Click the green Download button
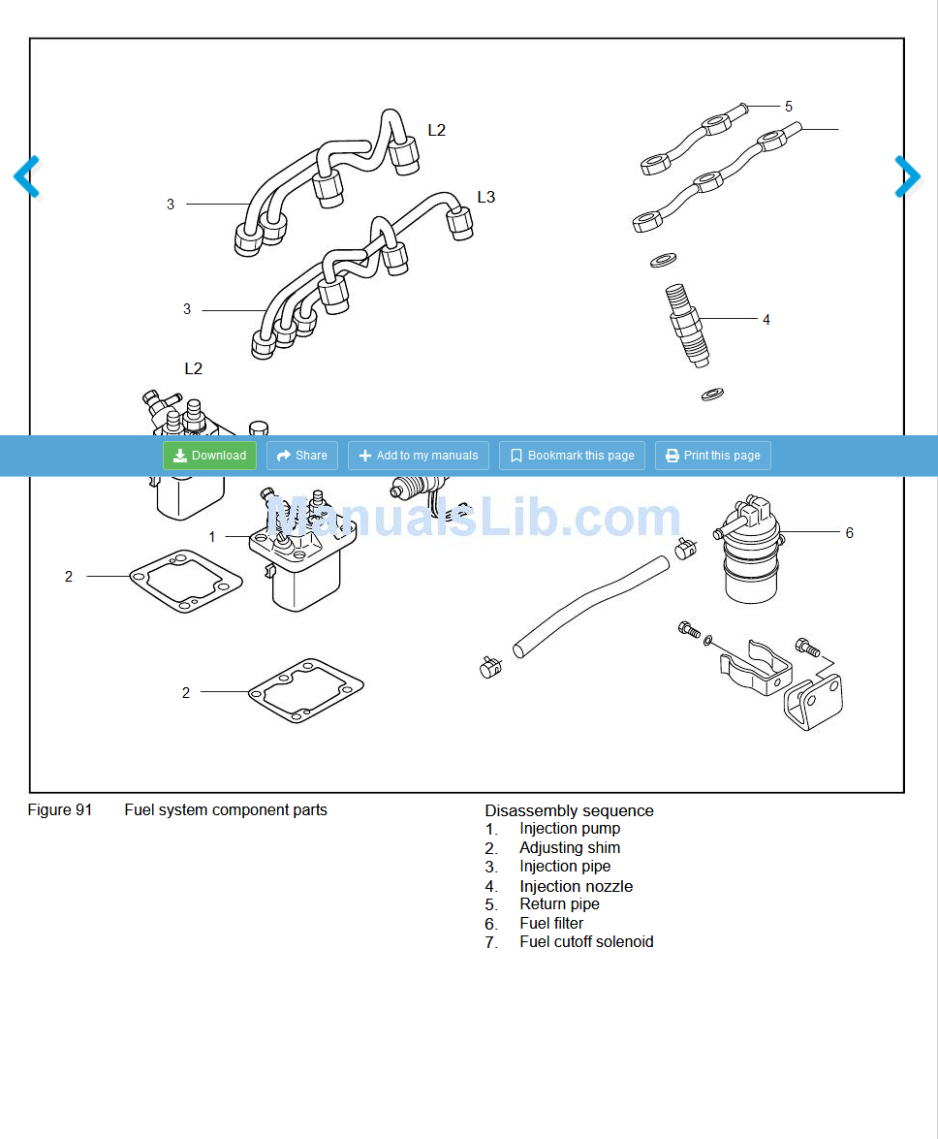[x=209, y=456]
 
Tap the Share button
[x=301, y=456]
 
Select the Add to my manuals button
[x=418, y=456]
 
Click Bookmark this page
[x=572, y=456]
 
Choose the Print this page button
[x=712, y=456]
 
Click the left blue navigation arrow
[x=26, y=176]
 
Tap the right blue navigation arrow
[x=908, y=176]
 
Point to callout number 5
[x=789, y=106]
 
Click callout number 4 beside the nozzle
[x=766, y=319]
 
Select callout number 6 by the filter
[x=850, y=532]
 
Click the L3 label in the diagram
[x=485, y=197]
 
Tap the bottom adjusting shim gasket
[x=306, y=690]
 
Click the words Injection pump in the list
[x=570, y=828]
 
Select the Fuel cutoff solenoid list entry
[x=586, y=941]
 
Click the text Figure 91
[x=59, y=809]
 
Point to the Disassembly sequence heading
[x=569, y=810]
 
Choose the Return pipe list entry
[x=559, y=903]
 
